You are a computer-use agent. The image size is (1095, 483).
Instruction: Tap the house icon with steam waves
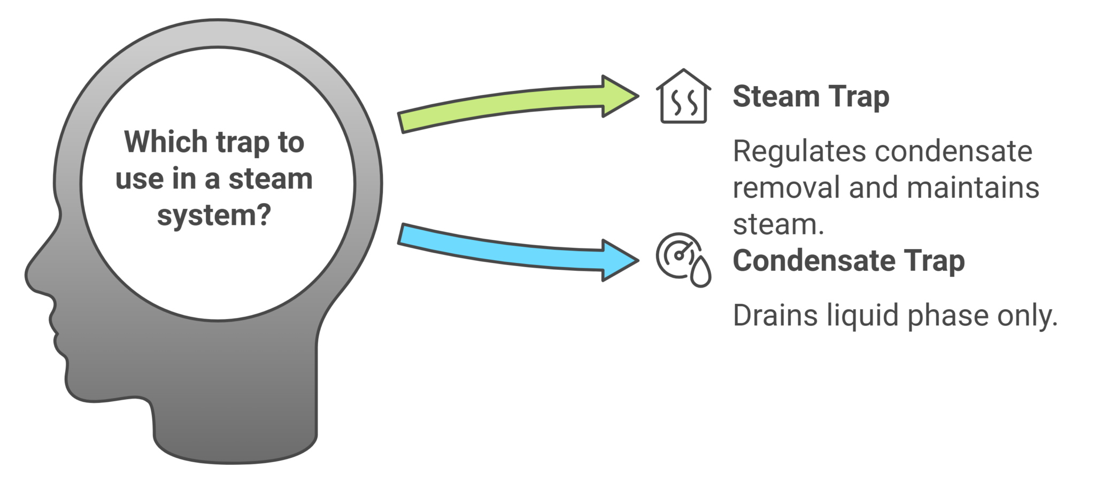683,96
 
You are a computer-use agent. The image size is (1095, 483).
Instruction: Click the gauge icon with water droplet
683,260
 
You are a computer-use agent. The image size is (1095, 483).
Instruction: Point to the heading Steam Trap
811,97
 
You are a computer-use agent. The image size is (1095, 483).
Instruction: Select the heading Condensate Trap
849,261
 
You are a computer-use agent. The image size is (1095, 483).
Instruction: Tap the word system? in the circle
214,215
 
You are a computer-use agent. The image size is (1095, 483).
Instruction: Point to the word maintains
973,188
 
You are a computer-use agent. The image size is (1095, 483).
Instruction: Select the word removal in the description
787,188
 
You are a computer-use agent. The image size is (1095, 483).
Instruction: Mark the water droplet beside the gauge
700,272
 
